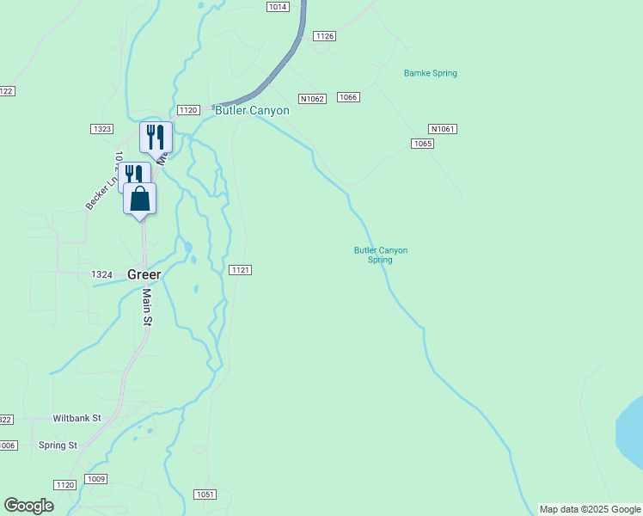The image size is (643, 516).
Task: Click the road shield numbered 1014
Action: pyautogui.click(x=277, y=7)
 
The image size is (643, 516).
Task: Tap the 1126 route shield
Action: pyautogui.click(x=324, y=36)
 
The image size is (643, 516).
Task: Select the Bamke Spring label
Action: pyautogui.click(x=431, y=73)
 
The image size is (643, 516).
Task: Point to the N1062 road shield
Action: pyautogui.click(x=312, y=99)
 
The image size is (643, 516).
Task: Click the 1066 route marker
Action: pyautogui.click(x=348, y=97)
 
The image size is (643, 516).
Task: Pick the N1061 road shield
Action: pyautogui.click(x=443, y=129)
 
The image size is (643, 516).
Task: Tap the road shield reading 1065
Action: pyautogui.click(x=422, y=144)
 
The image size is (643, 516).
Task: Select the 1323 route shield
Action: pyautogui.click(x=101, y=129)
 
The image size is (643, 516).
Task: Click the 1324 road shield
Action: pyautogui.click(x=101, y=274)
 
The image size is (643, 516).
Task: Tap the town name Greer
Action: pyautogui.click(x=144, y=274)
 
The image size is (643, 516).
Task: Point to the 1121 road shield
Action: pyautogui.click(x=241, y=270)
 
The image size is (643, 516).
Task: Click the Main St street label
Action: pyautogui.click(x=147, y=307)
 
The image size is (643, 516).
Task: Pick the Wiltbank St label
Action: pyautogui.click(x=77, y=418)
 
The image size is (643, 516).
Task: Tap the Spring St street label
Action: pyautogui.click(x=58, y=445)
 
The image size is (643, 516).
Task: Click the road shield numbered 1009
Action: pyautogui.click(x=96, y=479)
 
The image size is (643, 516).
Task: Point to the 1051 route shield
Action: pyautogui.click(x=205, y=494)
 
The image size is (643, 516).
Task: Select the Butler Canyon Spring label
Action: pyautogui.click(x=381, y=255)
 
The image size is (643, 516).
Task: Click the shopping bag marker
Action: pyautogui.click(x=140, y=199)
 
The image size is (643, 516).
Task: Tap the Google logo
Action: pyautogui.click(x=29, y=506)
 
